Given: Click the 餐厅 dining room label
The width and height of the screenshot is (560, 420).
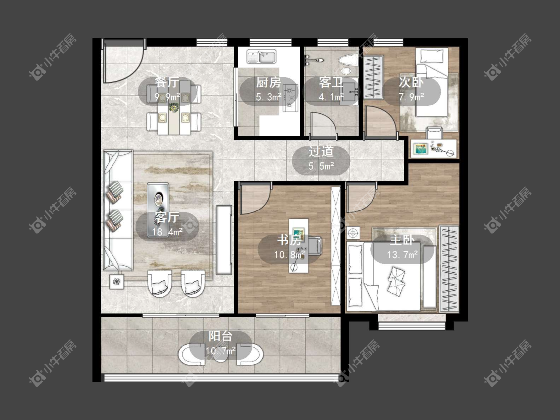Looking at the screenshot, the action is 167,83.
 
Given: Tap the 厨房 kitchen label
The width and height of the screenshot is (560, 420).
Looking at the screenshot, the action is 269,83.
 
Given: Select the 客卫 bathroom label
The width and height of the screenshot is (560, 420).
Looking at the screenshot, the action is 331,83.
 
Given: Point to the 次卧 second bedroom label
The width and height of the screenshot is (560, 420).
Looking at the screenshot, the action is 411,83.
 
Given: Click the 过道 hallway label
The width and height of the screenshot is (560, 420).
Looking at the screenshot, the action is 321,151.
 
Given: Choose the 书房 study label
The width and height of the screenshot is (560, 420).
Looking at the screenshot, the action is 289,240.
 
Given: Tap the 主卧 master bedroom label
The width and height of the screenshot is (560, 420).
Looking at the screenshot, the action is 402,240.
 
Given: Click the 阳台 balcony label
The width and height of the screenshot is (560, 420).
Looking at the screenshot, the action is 221,336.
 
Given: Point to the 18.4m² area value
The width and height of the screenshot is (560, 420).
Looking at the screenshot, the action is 167,232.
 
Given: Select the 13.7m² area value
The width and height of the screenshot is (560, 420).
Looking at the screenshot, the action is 402,255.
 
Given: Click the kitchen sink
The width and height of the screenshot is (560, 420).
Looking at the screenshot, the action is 262,56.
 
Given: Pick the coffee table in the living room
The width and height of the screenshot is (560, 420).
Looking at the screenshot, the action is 158,210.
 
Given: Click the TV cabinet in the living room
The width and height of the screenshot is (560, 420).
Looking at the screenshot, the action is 224,240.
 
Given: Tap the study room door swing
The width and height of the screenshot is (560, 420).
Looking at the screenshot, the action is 255,198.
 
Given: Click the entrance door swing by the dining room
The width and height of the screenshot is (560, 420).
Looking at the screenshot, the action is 123,61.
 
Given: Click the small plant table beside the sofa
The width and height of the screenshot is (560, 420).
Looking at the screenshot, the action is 117,281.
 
